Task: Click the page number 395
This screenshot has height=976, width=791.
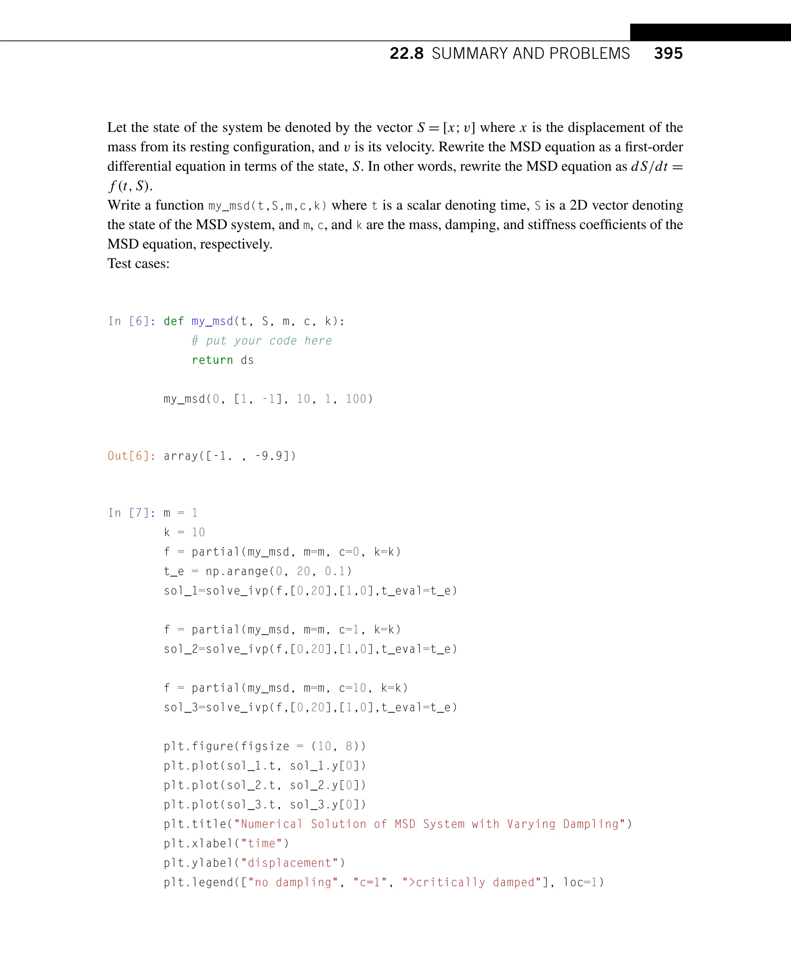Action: (x=668, y=53)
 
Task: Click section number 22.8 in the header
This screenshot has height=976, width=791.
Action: (x=406, y=53)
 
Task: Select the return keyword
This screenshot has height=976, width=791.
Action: (x=212, y=360)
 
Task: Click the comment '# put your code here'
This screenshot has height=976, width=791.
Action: (x=261, y=340)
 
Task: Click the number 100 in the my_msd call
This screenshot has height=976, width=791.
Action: (x=356, y=399)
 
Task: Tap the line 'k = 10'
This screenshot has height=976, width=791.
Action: (x=184, y=532)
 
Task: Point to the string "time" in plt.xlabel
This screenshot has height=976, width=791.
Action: (x=261, y=843)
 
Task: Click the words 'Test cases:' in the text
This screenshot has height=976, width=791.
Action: (x=139, y=264)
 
